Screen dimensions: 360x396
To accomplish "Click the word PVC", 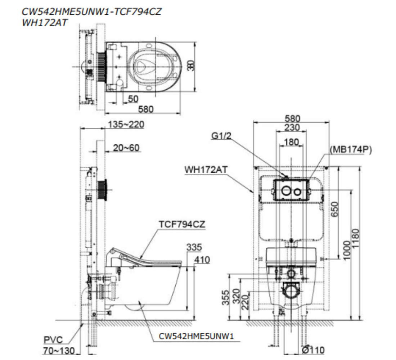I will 53,340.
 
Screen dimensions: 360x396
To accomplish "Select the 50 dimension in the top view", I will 133,98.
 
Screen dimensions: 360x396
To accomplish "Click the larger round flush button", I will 286,191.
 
